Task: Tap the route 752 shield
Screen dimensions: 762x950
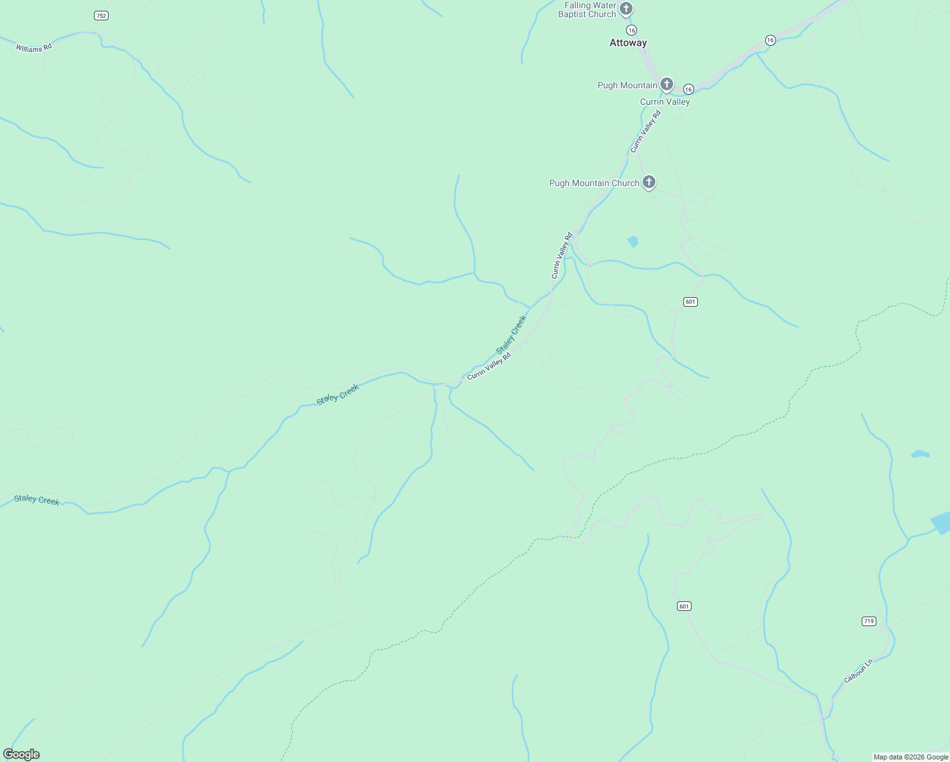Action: point(101,15)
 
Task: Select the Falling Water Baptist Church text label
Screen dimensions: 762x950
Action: point(587,10)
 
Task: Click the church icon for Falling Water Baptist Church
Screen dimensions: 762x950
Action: point(626,9)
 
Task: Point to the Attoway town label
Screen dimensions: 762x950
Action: point(628,43)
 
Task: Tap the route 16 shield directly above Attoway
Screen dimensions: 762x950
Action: point(631,30)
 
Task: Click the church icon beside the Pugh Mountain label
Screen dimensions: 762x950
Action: point(666,84)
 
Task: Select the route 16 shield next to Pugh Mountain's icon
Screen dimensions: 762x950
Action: point(688,90)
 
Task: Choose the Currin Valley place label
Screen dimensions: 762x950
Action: point(665,102)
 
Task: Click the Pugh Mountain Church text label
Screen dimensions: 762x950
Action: point(594,183)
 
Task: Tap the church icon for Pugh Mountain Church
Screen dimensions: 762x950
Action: point(648,182)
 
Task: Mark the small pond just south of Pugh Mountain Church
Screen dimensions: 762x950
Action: point(632,241)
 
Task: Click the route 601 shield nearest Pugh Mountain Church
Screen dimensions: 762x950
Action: point(691,302)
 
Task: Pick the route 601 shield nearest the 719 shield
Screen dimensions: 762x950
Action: point(683,606)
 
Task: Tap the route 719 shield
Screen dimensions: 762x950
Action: point(869,621)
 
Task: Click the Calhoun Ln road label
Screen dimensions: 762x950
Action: point(859,671)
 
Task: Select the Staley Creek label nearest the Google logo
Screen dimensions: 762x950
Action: point(37,500)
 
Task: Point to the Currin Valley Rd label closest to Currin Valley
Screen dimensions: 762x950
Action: point(646,132)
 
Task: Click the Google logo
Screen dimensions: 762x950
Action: point(22,754)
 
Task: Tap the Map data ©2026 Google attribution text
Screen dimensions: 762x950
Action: point(911,757)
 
